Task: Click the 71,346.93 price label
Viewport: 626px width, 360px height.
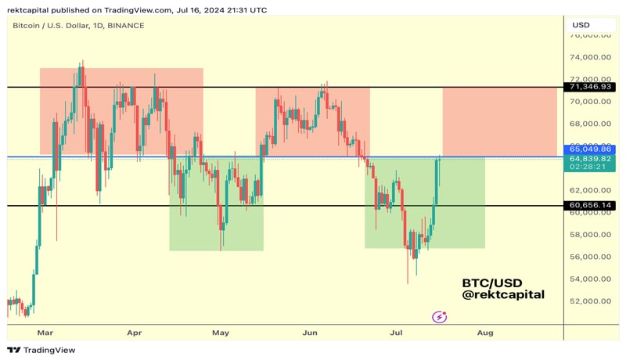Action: [x=591, y=87]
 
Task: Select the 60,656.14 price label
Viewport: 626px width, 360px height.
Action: [x=591, y=206]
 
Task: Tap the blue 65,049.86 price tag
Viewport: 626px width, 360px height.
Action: [x=591, y=149]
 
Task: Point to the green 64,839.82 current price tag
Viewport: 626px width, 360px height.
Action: [x=591, y=158]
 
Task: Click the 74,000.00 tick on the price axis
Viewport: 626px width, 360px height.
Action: [x=590, y=57]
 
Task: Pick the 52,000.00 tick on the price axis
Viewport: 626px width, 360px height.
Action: [x=590, y=301]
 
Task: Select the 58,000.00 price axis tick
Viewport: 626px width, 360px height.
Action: [x=590, y=234]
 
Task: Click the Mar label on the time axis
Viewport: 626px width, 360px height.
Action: [x=45, y=333]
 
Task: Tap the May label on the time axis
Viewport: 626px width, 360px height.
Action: [x=221, y=333]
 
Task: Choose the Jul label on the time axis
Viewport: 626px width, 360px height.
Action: [x=397, y=333]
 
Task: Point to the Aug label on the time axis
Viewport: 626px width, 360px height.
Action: [x=485, y=333]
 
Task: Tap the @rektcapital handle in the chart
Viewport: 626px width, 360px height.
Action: [x=503, y=295]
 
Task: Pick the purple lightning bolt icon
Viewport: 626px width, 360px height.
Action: [x=441, y=317]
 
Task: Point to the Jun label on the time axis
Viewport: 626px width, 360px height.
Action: [x=310, y=333]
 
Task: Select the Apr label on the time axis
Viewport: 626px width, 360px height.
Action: [x=134, y=333]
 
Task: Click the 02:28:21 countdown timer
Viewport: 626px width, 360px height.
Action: [x=585, y=167]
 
